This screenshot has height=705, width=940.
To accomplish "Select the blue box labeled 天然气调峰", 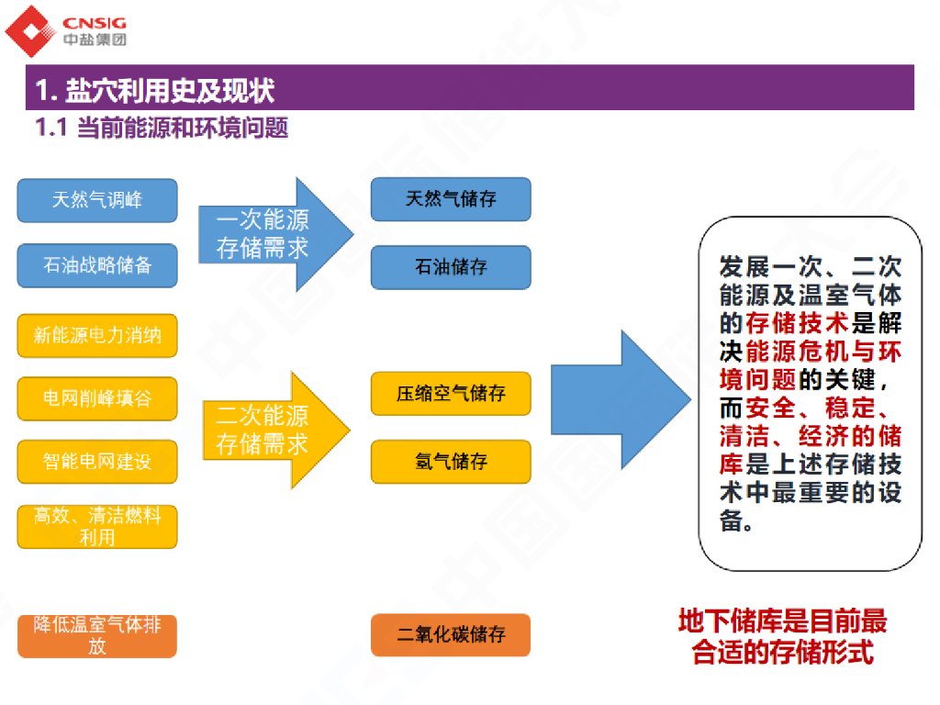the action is pyautogui.click(x=97, y=200).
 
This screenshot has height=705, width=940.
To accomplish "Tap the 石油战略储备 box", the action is pyautogui.click(x=97, y=265).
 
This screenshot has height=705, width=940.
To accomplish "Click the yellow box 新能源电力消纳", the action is pyautogui.click(x=97, y=336).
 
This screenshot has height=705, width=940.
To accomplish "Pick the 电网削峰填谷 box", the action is pyautogui.click(x=97, y=398).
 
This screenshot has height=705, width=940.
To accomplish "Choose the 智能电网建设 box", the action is pyautogui.click(x=97, y=462).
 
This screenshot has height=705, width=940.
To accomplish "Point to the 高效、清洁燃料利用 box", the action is pyautogui.click(x=97, y=527).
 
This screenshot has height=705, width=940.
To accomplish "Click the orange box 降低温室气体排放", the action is pyautogui.click(x=97, y=636).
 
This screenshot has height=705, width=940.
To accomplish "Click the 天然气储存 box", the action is pyautogui.click(x=451, y=199).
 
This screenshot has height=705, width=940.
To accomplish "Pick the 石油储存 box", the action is pyautogui.click(x=451, y=267).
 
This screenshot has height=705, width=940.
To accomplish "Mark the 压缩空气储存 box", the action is pyautogui.click(x=451, y=394).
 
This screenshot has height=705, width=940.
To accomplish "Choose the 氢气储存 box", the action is pyautogui.click(x=451, y=462).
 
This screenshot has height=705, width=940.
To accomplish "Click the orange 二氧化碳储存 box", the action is pyautogui.click(x=451, y=634).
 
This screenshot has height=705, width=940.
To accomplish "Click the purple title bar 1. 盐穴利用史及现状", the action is pyautogui.click(x=469, y=89).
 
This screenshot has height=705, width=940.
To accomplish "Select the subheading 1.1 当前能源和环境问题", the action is pyautogui.click(x=162, y=128).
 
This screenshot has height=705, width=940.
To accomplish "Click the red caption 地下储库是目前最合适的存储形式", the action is pyautogui.click(x=782, y=637).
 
